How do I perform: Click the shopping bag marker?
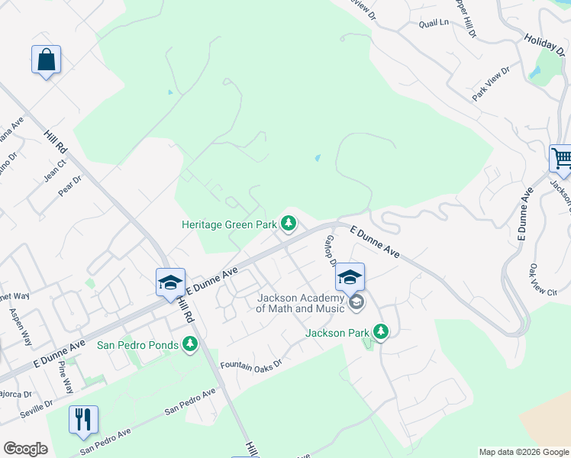coord(46,60)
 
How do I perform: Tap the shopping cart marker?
coord(561,159)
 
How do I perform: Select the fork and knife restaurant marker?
coord(83,420)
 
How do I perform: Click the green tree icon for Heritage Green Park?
coord(288,224)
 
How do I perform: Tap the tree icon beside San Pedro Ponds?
coord(190,345)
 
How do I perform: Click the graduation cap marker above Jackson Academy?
coord(350,277)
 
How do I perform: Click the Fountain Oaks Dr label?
coord(251,365)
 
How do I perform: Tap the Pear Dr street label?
coord(69,185)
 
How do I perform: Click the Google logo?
coord(25,449)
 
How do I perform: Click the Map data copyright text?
coord(523,452)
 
